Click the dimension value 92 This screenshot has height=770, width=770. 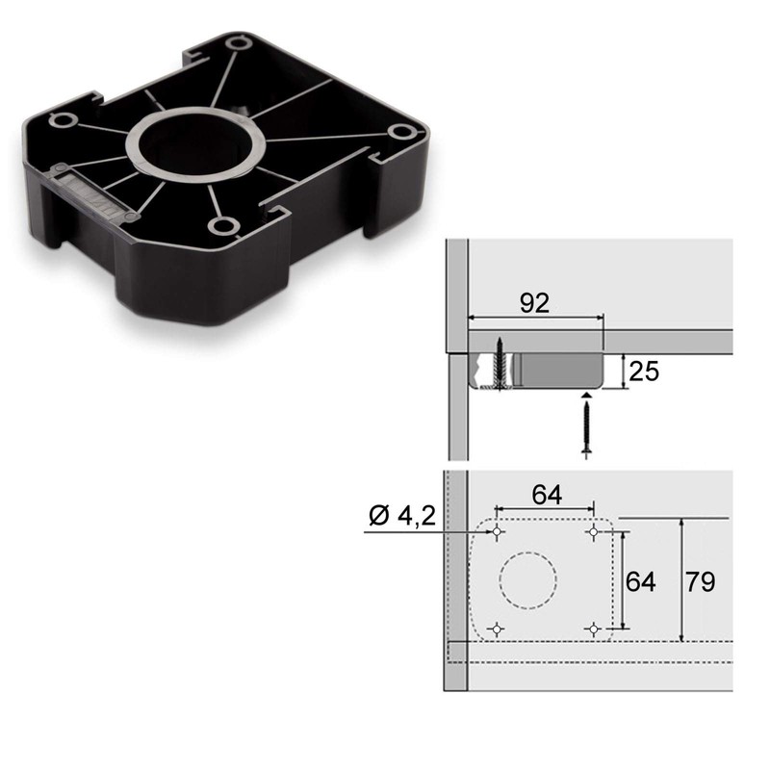534,303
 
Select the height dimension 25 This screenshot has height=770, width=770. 645,371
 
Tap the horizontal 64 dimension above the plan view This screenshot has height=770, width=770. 547,495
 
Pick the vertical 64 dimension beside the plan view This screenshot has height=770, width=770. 641,581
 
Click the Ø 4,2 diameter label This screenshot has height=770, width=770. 402,517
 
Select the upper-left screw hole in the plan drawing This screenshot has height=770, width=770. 497,532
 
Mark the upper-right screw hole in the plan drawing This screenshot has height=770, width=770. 593,532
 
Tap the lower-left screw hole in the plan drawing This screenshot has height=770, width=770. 497,629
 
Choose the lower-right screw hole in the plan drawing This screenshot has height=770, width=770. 593,629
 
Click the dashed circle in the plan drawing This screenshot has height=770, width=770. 528,580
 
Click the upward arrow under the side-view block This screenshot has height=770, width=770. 586,397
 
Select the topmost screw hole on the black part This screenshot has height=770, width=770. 240,42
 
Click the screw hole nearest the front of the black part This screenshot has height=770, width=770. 223,226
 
